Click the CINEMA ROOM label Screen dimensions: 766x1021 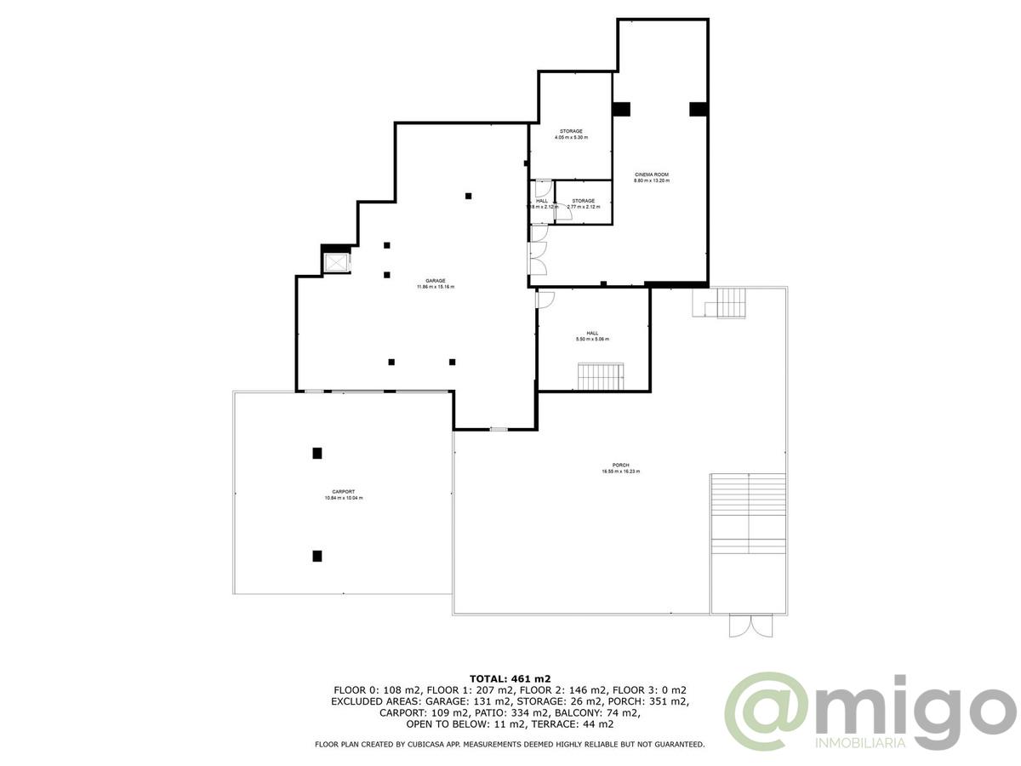pos(651,177)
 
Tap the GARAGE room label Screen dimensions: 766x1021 pos(435,283)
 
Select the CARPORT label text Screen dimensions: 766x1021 pos(344,494)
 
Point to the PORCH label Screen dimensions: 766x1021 pos(620,468)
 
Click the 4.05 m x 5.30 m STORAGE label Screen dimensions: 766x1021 pos(571,134)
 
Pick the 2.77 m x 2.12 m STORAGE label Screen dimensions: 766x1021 pos(583,203)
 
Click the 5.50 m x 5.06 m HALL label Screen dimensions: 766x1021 pos(592,336)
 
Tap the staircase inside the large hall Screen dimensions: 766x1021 pos(600,376)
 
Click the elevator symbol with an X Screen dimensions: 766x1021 pos(337,262)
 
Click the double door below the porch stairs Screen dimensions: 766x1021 pos(749,626)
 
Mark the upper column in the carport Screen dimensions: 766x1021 pos(317,453)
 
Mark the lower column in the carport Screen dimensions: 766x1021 pos(317,556)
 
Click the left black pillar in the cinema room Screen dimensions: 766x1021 pos(621,109)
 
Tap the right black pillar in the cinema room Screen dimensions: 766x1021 pos(698,109)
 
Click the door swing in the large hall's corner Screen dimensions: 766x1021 pos(545,299)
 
